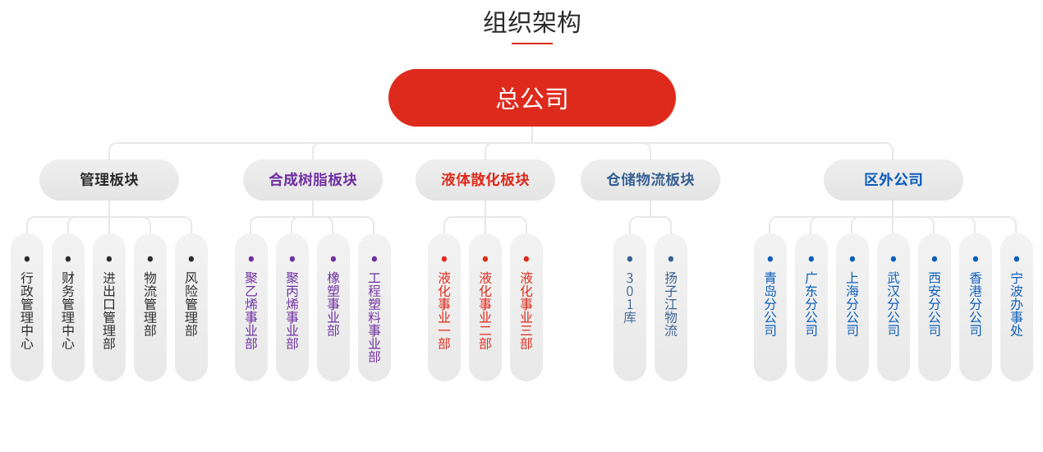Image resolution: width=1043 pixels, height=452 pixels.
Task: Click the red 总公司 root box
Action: coord(531,98)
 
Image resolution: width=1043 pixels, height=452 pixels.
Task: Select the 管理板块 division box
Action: coord(109,180)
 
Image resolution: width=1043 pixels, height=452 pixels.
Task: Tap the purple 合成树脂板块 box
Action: coord(313,180)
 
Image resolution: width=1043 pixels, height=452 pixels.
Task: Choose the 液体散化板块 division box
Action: coord(485,180)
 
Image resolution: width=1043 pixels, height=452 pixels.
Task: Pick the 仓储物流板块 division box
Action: coord(650,180)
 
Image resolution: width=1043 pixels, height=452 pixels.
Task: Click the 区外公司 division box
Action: coord(894,180)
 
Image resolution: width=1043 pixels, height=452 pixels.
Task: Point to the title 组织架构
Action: coord(531,22)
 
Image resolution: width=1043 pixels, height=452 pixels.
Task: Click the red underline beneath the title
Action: coord(531,43)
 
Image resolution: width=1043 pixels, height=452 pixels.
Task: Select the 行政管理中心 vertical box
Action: coord(27,308)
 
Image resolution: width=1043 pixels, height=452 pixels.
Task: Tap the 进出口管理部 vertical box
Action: coord(109,308)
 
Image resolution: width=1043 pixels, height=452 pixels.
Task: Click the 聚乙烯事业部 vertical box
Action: coord(251,308)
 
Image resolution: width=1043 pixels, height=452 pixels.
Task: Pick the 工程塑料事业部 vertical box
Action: coord(374,308)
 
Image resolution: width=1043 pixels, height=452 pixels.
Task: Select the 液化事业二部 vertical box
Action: coord(485,308)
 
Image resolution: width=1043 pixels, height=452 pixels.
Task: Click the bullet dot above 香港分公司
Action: coord(976,259)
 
